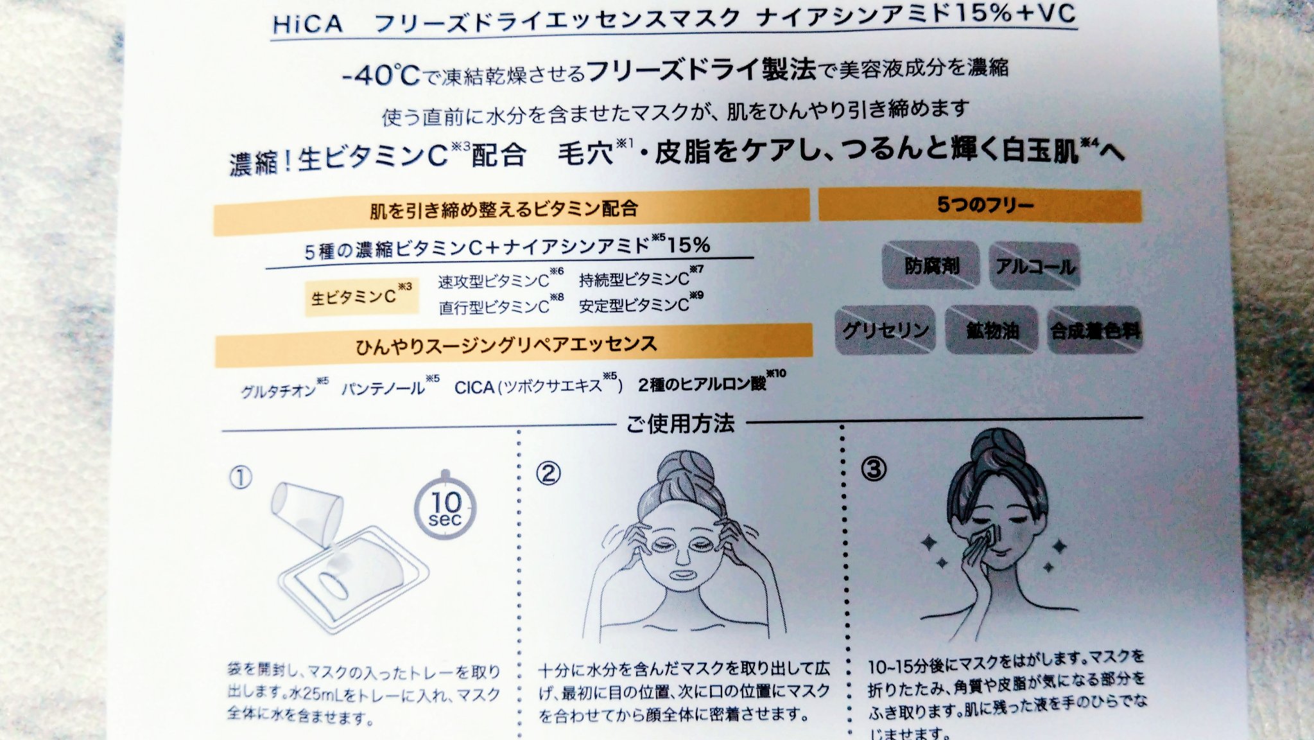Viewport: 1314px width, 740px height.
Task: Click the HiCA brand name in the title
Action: tap(307, 24)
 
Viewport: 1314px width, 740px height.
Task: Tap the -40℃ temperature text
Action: tap(381, 75)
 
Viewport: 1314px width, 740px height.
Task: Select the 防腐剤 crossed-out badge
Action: tap(931, 265)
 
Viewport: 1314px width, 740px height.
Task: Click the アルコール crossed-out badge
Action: tap(1034, 266)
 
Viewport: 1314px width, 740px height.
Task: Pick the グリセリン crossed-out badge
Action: tap(885, 330)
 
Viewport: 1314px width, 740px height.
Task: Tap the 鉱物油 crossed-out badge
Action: tap(992, 330)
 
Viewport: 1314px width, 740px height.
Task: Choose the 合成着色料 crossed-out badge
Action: tap(1094, 330)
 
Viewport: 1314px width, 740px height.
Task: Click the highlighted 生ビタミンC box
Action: tap(361, 297)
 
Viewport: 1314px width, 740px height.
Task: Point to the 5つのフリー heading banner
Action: tap(980, 205)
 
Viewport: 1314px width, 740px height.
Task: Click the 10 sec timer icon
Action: tap(445, 508)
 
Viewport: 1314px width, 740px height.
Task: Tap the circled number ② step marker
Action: tap(548, 473)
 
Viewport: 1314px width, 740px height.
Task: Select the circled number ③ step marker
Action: tap(874, 468)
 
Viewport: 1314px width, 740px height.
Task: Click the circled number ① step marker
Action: tap(241, 478)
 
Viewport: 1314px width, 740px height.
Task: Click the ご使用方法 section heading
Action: tap(680, 423)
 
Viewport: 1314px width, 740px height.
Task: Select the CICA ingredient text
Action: tap(474, 387)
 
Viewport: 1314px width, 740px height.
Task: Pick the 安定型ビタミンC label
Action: tap(634, 306)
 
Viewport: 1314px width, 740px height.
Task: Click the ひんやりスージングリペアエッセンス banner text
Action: tap(506, 346)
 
